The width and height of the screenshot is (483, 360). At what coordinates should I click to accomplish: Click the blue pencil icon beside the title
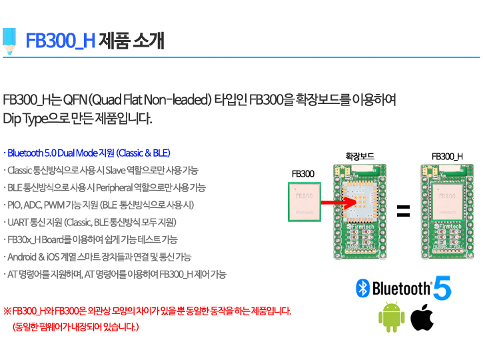pyautogui.click(x=9, y=41)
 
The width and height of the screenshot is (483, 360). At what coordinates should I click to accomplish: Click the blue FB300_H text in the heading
pyautogui.click(x=61, y=41)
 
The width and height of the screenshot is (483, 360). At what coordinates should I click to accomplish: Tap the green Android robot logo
pyautogui.click(x=392, y=317)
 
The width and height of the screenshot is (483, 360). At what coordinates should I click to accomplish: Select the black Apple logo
pyautogui.click(x=422, y=317)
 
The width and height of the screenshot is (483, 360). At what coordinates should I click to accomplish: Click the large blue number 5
pyautogui.click(x=442, y=287)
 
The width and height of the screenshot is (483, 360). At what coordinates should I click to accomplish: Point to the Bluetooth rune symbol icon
pyautogui.click(x=362, y=289)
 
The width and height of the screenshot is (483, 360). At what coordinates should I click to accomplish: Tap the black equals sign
pyautogui.click(x=403, y=211)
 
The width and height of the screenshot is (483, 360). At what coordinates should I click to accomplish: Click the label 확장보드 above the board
pyautogui.click(x=360, y=156)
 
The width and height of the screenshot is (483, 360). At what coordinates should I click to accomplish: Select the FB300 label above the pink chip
pyautogui.click(x=303, y=174)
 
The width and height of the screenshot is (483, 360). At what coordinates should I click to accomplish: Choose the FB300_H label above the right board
pyautogui.click(x=447, y=157)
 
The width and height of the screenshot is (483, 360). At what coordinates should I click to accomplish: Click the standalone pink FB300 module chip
pyautogui.click(x=304, y=202)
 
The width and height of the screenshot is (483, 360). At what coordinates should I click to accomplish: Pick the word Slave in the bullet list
pyautogui.click(x=115, y=170)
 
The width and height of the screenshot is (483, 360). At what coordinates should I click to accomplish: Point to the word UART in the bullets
pyautogui.click(x=17, y=222)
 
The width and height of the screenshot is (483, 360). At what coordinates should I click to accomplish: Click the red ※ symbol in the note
pyautogui.click(x=7, y=311)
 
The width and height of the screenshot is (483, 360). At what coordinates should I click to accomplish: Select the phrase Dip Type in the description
pyautogui.click(x=25, y=119)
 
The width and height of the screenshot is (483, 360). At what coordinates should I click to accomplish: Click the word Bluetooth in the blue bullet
pyautogui.click(x=25, y=153)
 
